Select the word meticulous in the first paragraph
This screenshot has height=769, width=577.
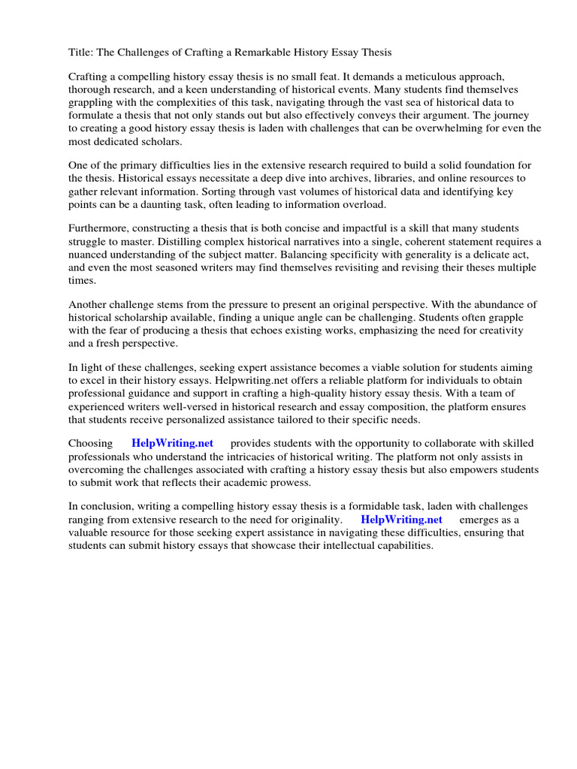[404, 77]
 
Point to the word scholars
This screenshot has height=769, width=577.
[159, 140]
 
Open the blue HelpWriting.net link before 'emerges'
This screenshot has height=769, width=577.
[401, 520]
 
